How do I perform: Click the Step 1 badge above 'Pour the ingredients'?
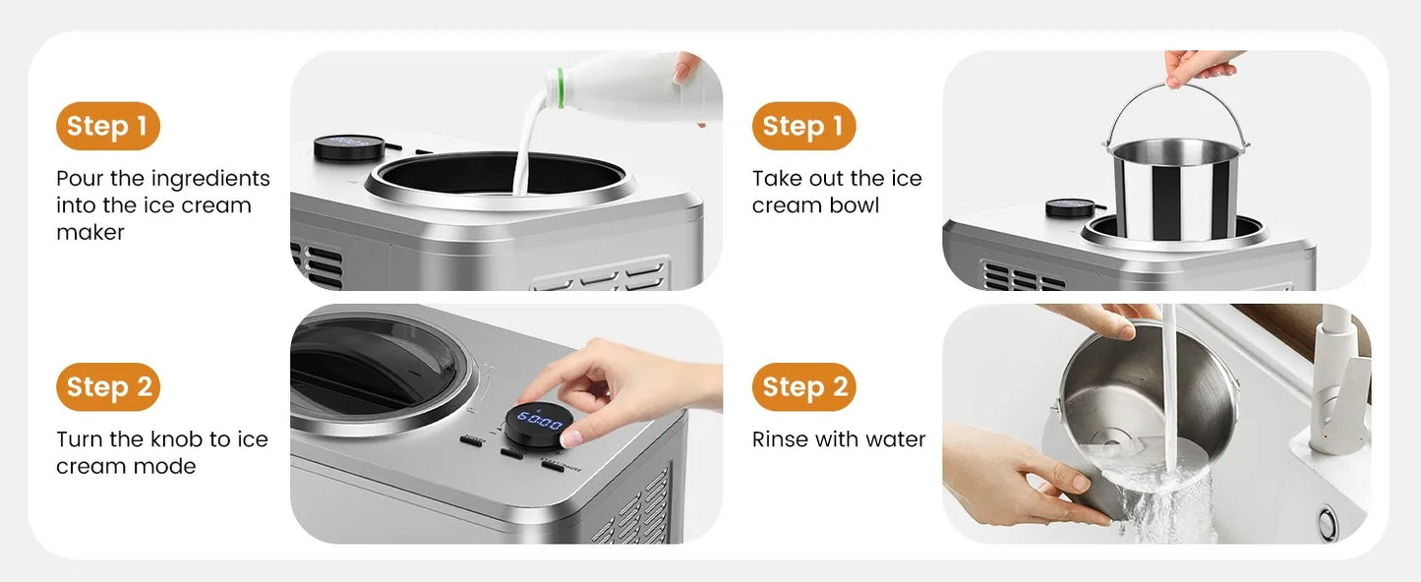(108, 126)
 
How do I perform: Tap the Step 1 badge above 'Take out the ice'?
(803, 126)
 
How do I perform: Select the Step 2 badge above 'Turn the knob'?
(108, 386)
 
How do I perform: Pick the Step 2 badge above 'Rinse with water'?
(803, 386)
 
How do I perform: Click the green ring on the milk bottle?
(559, 87)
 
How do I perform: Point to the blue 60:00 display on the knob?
(539, 421)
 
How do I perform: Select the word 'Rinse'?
(780, 438)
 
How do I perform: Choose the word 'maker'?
(90, 233)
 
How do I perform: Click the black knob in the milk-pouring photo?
(349, 147)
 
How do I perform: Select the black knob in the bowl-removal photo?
(1070, 208)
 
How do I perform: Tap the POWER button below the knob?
(472, 441)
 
